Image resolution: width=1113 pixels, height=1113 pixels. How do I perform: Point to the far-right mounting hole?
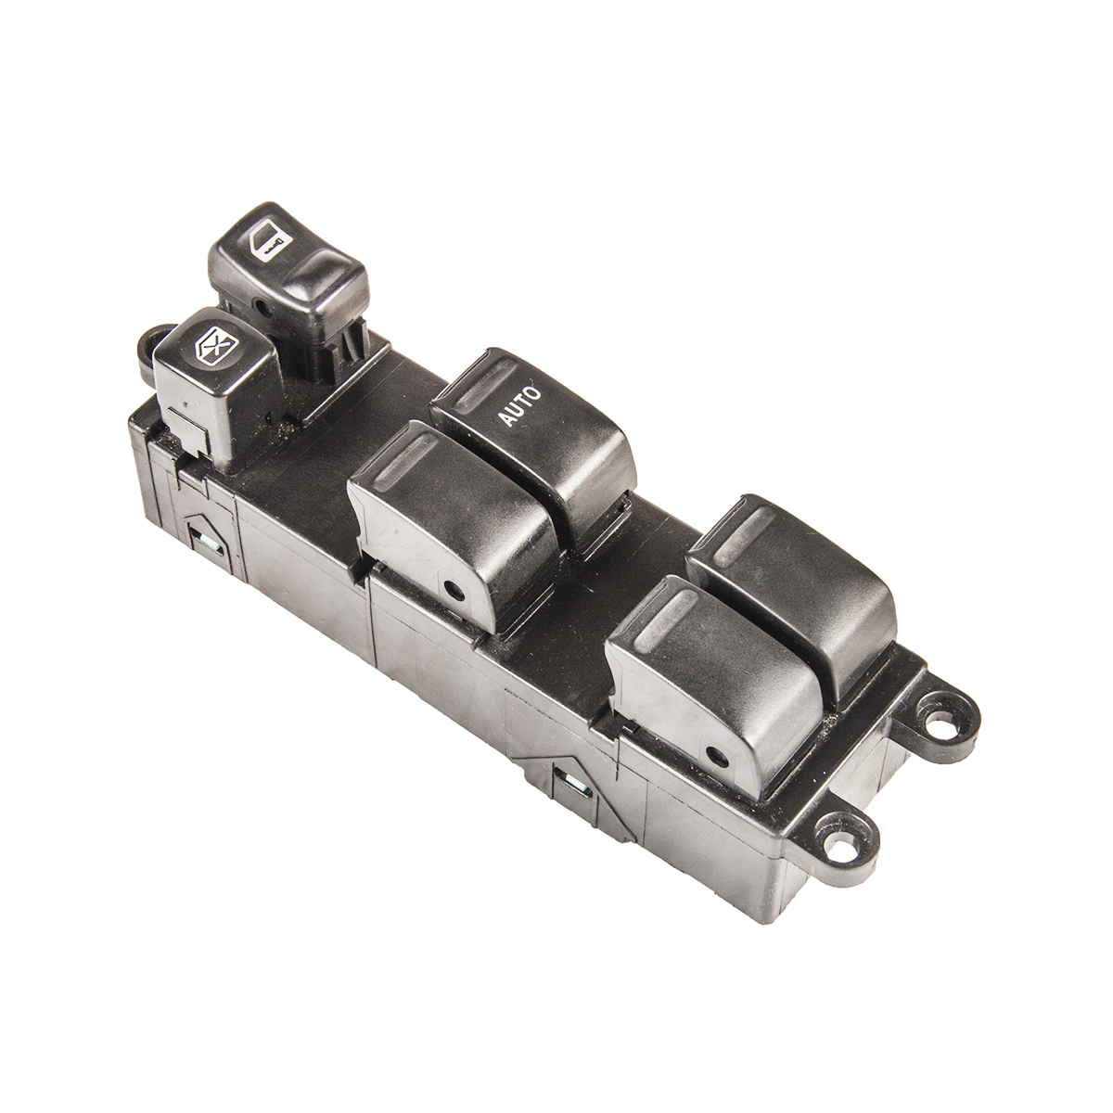[x=936, y=718]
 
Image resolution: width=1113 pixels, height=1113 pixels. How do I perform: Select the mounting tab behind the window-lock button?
[x=152, y=347]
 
